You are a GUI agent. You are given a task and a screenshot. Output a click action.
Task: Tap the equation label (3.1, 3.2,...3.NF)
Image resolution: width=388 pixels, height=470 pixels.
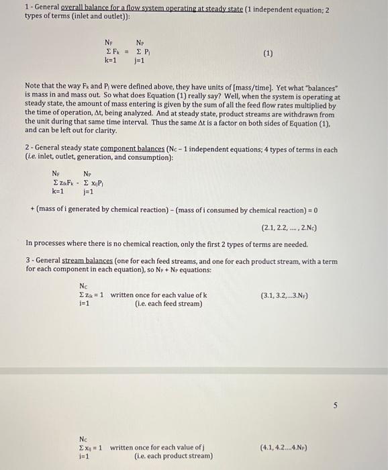[x=289, y=294]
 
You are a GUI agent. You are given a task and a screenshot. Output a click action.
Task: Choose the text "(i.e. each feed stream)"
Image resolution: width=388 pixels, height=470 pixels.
[x=168, y=303]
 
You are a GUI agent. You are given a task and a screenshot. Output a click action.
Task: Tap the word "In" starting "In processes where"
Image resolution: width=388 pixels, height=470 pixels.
[x=29, y=244]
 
